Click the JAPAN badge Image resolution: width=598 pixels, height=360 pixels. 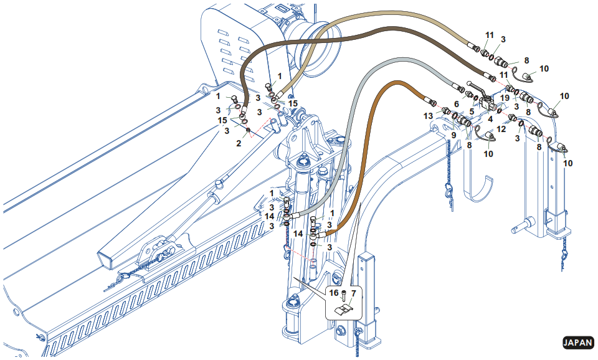click(577, 343)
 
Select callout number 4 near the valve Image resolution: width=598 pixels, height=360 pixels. click(491, 118)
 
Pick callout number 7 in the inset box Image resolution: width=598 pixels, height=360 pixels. click(353, 292)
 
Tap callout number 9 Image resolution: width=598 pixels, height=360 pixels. click(453, 135)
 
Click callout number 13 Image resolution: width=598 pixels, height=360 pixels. click(428, 116)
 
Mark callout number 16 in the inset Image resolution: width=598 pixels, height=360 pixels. click(334, 292)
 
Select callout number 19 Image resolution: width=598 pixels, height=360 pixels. click(506, 98)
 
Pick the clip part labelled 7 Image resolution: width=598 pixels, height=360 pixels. click(344, 308)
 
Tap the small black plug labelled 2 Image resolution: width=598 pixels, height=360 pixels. click(248, 130)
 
